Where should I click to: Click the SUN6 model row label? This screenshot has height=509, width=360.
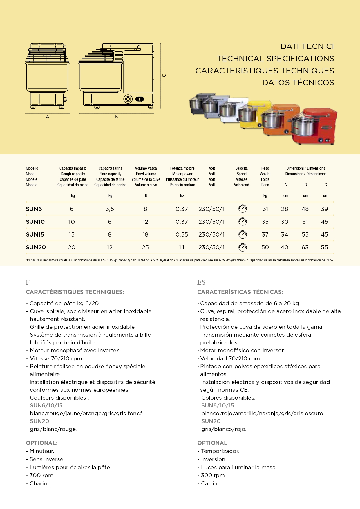pyautogui.click(x=34, y=209)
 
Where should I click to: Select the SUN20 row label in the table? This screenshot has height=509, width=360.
pyautogui.click(x=36, y=247)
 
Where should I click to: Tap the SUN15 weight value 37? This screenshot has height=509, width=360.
pyautogui.click(x=265, y=234)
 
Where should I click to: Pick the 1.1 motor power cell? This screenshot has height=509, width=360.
pyautogui.click(x=182, y=247)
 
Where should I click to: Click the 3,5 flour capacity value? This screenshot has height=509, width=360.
pyautogui.click(x=110, y=209)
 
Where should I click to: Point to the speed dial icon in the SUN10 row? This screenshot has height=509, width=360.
pyautogui.click(x=243, y=222)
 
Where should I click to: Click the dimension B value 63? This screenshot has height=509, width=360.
pyautogui.click(x=305, y=247)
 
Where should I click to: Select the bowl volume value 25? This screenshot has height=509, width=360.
pyautogui.click(x=145, y=247)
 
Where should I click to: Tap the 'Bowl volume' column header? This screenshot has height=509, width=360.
pyautogui.click(x=146, y=174)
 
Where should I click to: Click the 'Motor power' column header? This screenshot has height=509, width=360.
pyautogui.click(x=182, y=174)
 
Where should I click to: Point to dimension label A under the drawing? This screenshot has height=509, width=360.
pyautogui.click(x=48, y=117)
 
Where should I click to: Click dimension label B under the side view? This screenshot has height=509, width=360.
pyautogui.click(x=116, y=117)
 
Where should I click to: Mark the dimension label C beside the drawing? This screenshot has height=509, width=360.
pyautogui.click(x=164, y=75)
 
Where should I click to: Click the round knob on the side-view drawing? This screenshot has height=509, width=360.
pyautogui.click(x=128, y=99)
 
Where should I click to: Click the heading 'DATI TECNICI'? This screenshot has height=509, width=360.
pyautogui.click(x=307, y=46)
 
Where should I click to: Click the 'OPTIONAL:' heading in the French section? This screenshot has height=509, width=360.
pyautogui.click(x=42, y=443)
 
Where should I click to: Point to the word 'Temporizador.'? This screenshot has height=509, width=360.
pyautogui.click(x=220, y=451)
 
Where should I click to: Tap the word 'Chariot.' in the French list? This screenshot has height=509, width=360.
pyautogui.click(x=40, y=483)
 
